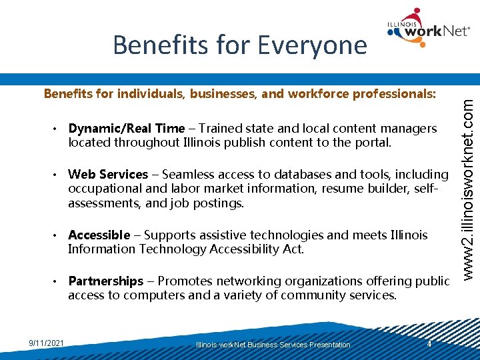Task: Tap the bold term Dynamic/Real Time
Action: pos(126,128)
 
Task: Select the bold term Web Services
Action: pos(108,175)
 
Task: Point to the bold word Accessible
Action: pos(99,235)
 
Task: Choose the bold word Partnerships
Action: pos(105,281)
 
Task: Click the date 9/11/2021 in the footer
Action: pos(47,343)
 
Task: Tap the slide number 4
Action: pos(431,343)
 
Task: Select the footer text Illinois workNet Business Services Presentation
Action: pos(273,345)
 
